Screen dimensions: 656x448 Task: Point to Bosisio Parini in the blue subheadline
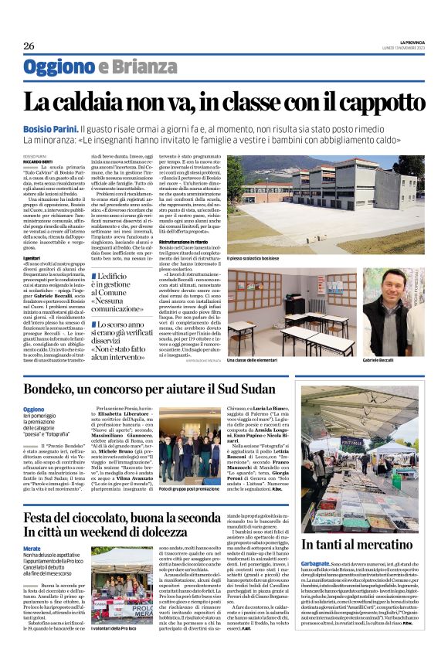pos(50,127)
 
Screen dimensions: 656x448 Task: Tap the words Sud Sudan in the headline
pos(258,386)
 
